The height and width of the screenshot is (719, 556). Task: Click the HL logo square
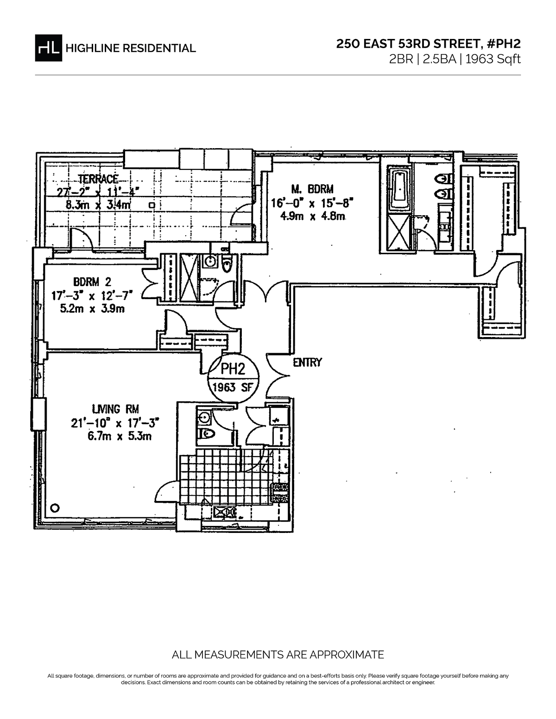48,47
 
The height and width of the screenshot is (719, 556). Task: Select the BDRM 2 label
92,281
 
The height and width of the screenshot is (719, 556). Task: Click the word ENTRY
307,363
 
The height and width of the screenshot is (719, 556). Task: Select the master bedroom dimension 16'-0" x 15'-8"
312,202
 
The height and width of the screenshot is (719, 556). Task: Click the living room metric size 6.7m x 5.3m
116,436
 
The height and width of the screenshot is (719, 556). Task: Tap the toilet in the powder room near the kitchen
206,434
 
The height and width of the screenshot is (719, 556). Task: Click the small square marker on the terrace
151,204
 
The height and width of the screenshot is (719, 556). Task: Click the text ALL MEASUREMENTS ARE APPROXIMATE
278,655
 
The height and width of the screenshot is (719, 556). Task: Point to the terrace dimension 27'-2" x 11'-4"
98,191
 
